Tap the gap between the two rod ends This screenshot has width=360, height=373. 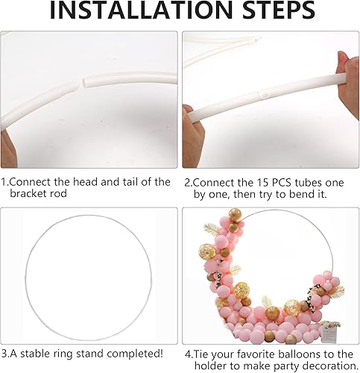81,84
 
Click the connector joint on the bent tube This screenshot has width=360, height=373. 262,95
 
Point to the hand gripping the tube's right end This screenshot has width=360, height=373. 348,80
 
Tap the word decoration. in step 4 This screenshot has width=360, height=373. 330,366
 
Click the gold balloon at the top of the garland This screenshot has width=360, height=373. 235,215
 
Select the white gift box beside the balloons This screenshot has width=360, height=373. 329,333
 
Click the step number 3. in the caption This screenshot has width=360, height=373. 4,354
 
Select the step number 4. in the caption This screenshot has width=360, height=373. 189,354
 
